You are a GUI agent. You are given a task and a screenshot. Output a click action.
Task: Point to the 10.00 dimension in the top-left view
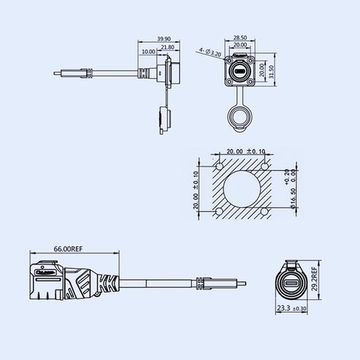[150, 52]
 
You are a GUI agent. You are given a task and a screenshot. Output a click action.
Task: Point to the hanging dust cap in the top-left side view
[160, 118]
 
